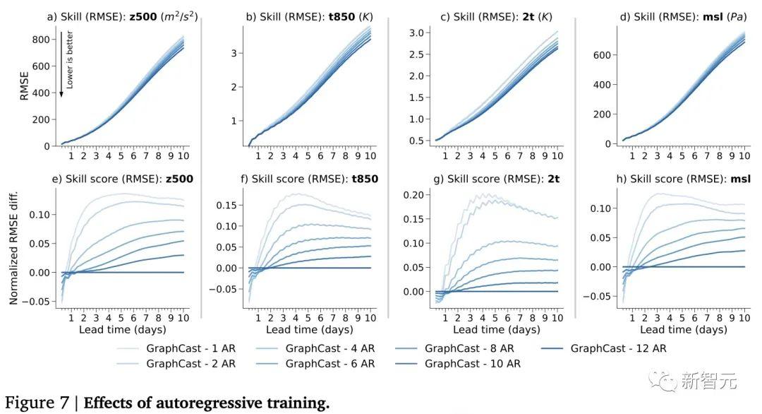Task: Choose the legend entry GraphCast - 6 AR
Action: (332, 364)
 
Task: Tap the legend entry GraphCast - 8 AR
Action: (470, 348)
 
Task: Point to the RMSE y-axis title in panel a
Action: (24, 85)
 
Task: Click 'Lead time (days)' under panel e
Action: (122, 330)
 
